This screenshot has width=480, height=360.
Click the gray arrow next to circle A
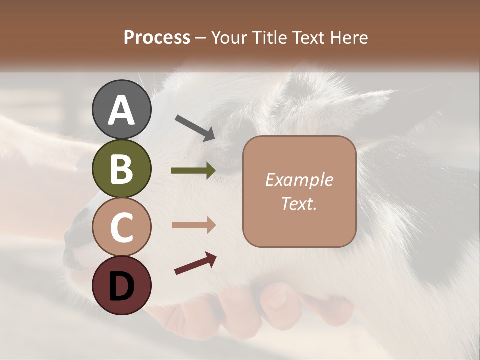[194, 127]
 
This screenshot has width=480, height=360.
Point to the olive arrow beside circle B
[193, 171]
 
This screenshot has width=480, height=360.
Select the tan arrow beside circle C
[193, 225]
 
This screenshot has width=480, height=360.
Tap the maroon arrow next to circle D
[195, 264]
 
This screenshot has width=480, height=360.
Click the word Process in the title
[157, 37]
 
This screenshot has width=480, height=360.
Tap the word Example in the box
[299, 180]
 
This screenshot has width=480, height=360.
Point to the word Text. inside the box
[299, 203]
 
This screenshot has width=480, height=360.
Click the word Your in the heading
[228, 37]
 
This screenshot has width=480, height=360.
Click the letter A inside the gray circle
[121, 111]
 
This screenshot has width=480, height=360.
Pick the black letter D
[121, 286]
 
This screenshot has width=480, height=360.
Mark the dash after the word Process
[201, 38]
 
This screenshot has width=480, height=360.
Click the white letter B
[121, 169]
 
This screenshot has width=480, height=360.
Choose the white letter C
[121, 228]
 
